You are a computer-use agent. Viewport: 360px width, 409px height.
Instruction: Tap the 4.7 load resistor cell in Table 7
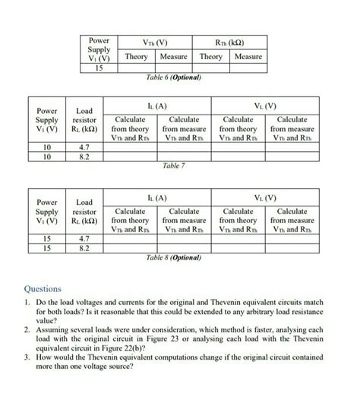point(85,147)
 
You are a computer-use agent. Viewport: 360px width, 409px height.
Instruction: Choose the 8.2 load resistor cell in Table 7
point(85,157)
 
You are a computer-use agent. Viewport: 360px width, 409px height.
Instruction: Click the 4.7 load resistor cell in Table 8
point(85,238)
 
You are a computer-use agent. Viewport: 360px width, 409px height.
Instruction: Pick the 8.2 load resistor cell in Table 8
point(85,248)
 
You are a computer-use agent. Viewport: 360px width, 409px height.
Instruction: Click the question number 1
point(27,302)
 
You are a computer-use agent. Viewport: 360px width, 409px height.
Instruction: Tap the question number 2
point(27,331)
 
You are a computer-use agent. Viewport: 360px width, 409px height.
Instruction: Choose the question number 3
point(27,359)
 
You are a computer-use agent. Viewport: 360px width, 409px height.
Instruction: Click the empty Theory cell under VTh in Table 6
point(137,68)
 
